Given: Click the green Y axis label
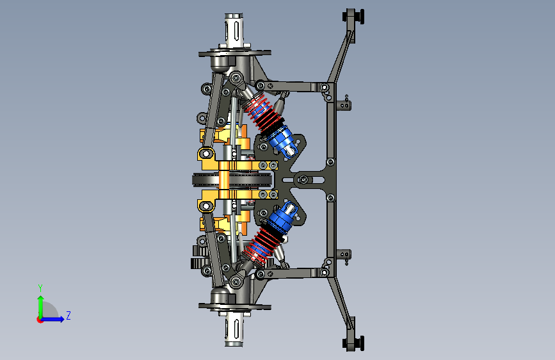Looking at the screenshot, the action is (40, 288).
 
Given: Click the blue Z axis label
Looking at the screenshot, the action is (68, 315).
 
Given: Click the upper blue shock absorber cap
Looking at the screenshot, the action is (282, 141).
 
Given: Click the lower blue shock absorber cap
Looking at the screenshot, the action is (282, 218).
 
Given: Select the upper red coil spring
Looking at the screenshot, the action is (261, 111).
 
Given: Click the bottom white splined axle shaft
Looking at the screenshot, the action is (234, 329).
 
